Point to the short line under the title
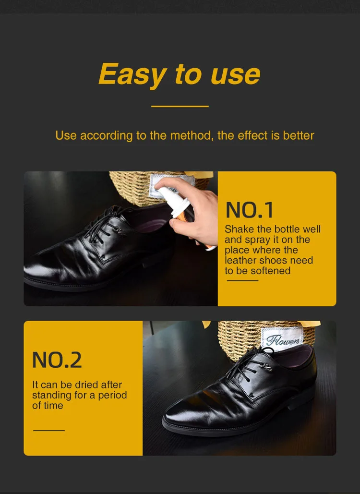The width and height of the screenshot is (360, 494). coord(180,106)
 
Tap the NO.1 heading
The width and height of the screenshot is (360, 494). coord(250,210)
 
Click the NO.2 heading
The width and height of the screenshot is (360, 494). coord(57,360)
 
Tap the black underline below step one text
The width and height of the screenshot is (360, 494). coord(242,280)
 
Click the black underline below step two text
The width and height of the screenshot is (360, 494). coord(48,431)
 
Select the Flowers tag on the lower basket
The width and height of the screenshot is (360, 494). coord(284,340)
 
